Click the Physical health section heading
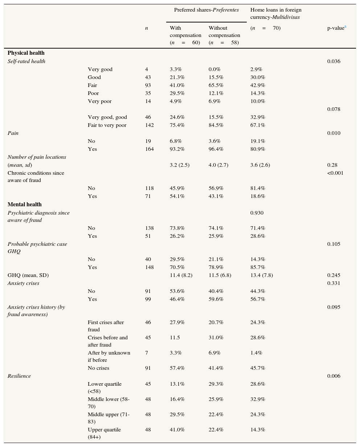[x=26, y=53]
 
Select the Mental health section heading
[x=25, y=204]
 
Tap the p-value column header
[x=336, y=28]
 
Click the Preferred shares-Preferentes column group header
[x=206, y=10]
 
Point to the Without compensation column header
[x=224, y=35]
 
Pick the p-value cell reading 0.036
[x=334, y=61]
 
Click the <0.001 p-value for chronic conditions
[x=335, y=173]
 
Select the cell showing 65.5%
[x=216, y=85]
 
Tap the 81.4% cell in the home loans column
[x=258, y=188]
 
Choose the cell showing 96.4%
[x=216, y=149]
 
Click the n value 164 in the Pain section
[x=149, y=149]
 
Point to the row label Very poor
[x=99, y=101]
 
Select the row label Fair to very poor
[x=107, y=125]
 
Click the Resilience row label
[x=19, y=376]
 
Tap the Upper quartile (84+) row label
[x=104, y=433]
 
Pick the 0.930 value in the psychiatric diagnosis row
[x=257, y=213]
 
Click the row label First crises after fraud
[x=106, y=326]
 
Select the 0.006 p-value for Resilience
[x=334, y=376]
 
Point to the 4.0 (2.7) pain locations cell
[x=218, y=165]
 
